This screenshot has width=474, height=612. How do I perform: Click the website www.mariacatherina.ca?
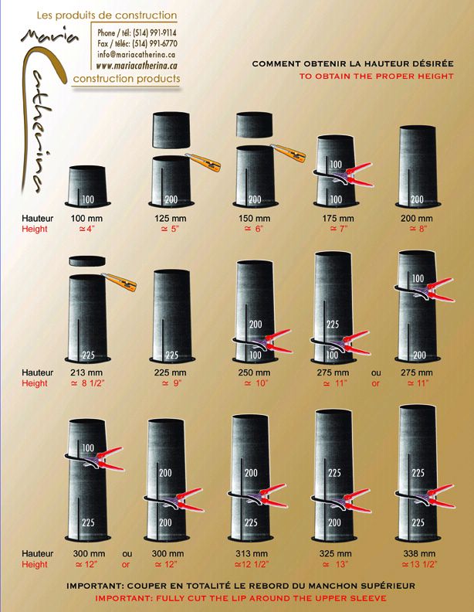click(137, 65)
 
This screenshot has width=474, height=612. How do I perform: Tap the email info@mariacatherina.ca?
click(136, 55)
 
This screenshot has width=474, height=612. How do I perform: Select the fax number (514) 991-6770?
click(154, 43)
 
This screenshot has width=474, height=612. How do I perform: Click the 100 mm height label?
click(86, 218)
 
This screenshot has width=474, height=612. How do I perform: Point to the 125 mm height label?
click(171, 218)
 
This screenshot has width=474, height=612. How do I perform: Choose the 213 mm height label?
click(86, 372)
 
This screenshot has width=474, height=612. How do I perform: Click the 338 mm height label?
click(419, 553)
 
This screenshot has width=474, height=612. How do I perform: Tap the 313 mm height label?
click(252, 553)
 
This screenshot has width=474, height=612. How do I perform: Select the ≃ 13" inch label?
click(335, 564)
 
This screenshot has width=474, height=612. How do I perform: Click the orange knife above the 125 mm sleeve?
click(203, 162)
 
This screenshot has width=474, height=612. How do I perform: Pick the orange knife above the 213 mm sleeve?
click(120, 282)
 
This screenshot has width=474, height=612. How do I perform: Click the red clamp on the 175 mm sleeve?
click(344, 175)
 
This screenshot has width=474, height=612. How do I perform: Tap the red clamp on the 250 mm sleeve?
click(262, 341)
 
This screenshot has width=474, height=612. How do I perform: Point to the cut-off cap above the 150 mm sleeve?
click(254, 124)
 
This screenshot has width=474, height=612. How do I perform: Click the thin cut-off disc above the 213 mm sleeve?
click(87, 260)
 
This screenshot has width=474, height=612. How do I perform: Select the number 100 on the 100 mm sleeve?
click(88, 199)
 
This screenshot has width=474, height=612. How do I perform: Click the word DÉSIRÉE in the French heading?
click(434, 63)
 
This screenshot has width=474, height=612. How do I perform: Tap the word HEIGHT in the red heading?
click(434, 76)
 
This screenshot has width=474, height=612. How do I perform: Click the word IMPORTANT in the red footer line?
click(124, 598)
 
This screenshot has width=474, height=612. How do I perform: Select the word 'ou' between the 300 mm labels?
click(127, 553)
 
